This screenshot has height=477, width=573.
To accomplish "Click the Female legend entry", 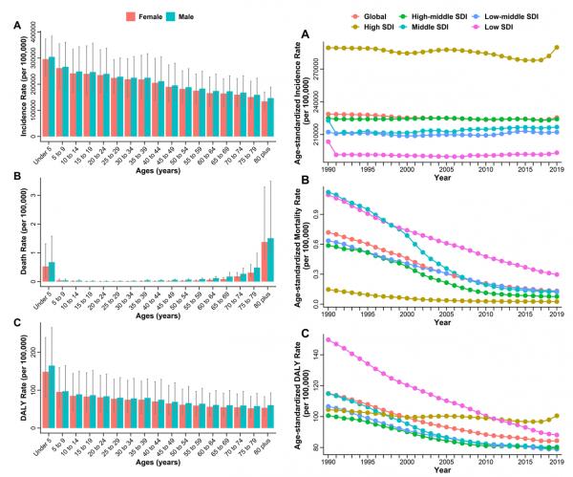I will click(x=142, y=16).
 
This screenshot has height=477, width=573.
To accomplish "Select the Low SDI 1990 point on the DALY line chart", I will click(x=328, y=339).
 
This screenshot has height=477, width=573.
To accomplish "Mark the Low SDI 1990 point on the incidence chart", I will click(x=328, y=142).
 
